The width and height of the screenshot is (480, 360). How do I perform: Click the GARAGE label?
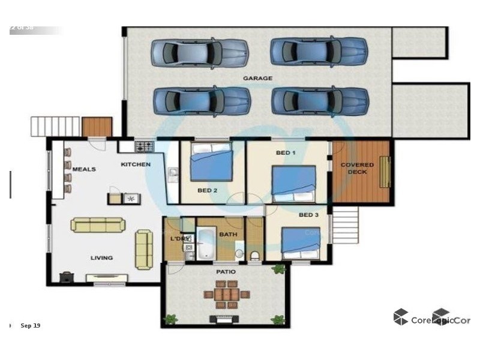tap(257, 78)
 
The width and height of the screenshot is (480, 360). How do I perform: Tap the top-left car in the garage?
tap(199, 52)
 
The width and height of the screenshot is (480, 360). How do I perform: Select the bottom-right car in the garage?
tap(320, 101)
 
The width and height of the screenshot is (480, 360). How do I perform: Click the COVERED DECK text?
tap(357, 169)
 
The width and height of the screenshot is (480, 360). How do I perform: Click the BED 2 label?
tap(207, 191)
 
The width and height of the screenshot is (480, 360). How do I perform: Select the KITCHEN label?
tap(136, 164)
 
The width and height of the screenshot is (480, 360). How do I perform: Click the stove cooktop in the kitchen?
tap(145, 146)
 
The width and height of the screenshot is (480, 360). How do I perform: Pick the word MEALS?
tap(84, 170)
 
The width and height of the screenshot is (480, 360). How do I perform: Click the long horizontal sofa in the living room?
tap(98, 225)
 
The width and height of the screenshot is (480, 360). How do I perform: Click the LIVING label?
tap(101, 258)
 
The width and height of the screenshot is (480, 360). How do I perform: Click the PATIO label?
tap(226, 272)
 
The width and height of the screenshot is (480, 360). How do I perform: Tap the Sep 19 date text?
tap(31, 326)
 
